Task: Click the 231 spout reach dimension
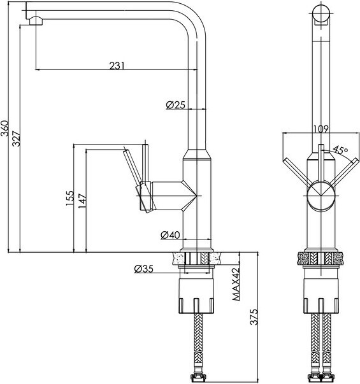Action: (117, 66)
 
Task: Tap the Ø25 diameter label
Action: (175, 105)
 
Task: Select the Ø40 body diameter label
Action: (170, 235)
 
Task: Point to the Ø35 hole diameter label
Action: (143, 269)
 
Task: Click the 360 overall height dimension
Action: (4, 128)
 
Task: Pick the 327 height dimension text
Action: (17, 139)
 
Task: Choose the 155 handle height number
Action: (70, 198)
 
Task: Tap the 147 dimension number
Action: (82, 201)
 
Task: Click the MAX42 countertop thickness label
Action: (236, 284)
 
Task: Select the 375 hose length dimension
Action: (254, 317)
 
